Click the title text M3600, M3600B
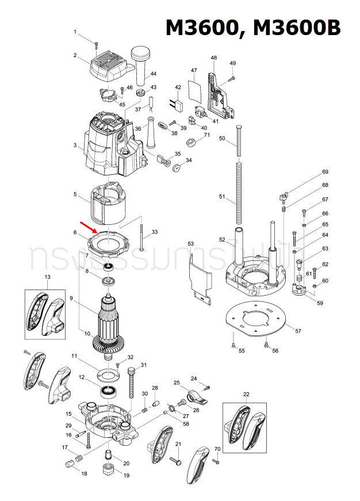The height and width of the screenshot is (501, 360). pos(253,28)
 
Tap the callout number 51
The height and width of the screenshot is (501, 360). pos(222,197)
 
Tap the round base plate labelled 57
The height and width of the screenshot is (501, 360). pos(256,319)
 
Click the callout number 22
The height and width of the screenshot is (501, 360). pos(246,394)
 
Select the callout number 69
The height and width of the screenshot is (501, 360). pos(325,172)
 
